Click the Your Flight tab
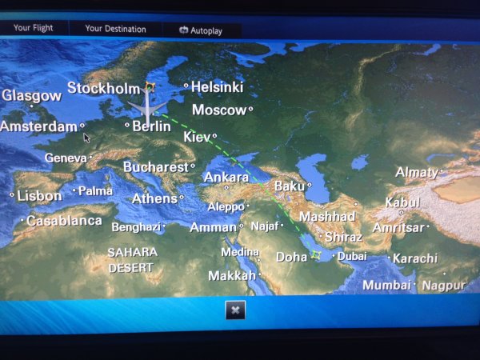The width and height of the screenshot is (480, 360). pos(33,28)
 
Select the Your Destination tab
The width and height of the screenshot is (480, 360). pos(115,29)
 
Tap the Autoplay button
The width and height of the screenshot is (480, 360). pos(201,30)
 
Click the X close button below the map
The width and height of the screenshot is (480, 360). pos(234,310)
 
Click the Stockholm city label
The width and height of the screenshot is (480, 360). pos(103,88)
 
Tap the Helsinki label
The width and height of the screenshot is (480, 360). pos(217,86)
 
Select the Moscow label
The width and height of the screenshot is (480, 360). pos(219,110)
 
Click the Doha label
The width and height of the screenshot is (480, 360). pos(291,257)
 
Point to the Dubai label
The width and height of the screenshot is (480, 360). pos(352,257)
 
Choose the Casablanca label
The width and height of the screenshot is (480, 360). pos(64,220)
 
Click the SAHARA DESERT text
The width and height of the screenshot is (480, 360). pos(132,260)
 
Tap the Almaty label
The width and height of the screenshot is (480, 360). pos(416,172)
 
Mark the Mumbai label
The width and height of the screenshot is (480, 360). pos(386,285)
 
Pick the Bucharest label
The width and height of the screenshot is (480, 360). pos(155,167)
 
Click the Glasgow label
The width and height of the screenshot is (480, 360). pos(31,95)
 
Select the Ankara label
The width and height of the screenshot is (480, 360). pos(226,177)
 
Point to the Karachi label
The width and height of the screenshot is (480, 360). pos(415,258)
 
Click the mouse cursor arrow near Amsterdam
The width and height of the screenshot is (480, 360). pos(86,137)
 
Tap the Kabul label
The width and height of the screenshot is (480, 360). pos(402,202)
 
